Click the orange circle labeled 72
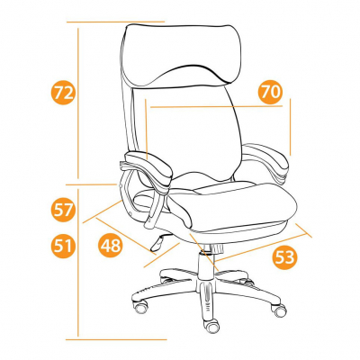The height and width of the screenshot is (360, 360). (x=62, y=93)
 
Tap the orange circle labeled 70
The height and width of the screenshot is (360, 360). (x=270, y=92)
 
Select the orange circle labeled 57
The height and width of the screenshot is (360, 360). (x=62, y=210)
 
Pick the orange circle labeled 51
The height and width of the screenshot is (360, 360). (x=62, y=246)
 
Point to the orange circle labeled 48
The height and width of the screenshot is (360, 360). (x=111, y=245)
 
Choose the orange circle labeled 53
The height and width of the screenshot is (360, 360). (x=284, y=257)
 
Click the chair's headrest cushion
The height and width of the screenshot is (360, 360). (x=181, y=55)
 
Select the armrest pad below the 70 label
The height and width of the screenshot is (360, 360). (x=265, y=158)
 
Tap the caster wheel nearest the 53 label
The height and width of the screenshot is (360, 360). (x=280, y=310)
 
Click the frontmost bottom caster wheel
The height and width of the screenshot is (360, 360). (x=211, y=325)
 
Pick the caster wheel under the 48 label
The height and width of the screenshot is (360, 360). (x=140, y=307)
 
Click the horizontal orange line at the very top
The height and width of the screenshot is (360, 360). (x=115, y=22)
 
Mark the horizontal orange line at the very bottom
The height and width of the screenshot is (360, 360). (x=116, y=339)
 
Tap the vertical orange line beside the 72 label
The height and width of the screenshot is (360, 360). (x=78, y=103)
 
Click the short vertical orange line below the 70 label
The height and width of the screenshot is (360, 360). (x=290, y=127)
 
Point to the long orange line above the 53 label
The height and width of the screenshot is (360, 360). (x=260, y=247)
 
